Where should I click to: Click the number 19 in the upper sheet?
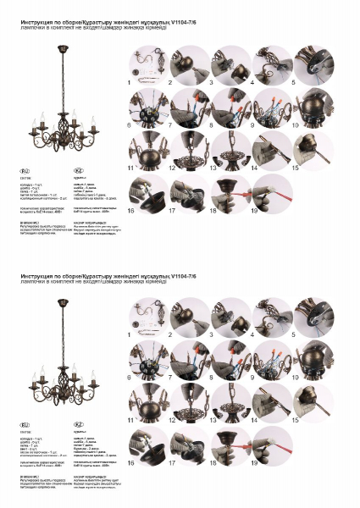tap(253, 210)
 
